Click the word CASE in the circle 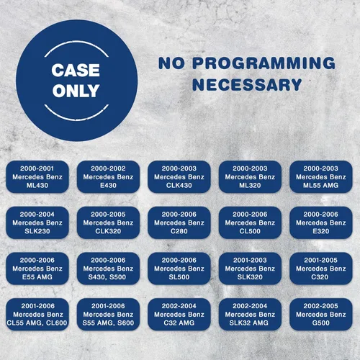point(76,70)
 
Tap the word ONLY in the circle point(76,91)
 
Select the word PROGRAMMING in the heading point(264,63)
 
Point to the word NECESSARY point(247,84)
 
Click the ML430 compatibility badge point(37,177)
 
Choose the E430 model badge point(108,177)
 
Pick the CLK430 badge point(179,177)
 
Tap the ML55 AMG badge point(321,177)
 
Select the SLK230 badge point(37,222)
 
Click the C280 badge point(179,222)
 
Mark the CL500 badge point(250,222)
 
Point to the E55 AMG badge point(37,269)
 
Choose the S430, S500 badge point(108,269)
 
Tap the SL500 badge point(179,269)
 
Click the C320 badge point(321,269)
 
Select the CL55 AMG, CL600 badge point(37,315)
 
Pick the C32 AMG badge point(179,315)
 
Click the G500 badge point(321,315)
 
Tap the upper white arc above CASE point(76,42)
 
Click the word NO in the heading point(171,63)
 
